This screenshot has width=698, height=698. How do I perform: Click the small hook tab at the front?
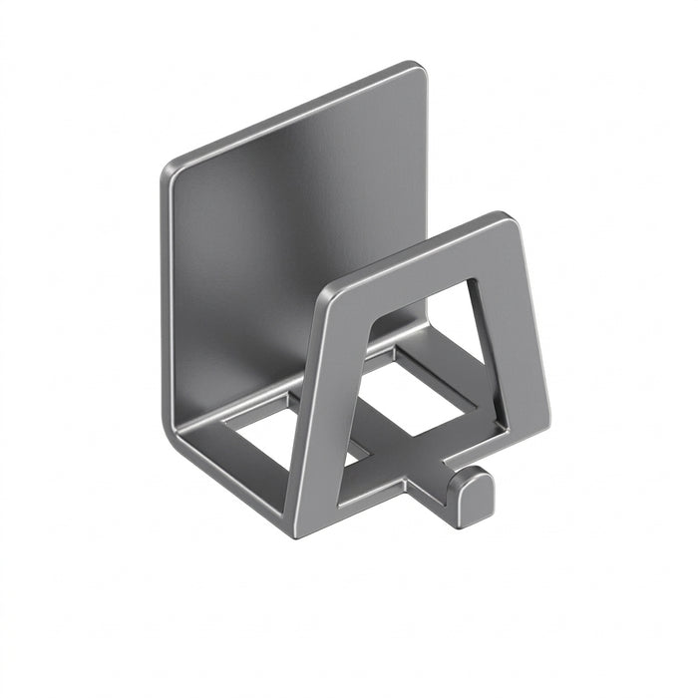point(470,495)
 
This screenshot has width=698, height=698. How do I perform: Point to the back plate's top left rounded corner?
point(172,171)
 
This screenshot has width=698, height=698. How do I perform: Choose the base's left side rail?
point(234,469)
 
